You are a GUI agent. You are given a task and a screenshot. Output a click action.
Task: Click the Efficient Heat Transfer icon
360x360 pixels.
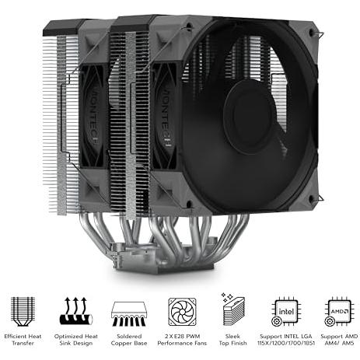[23, 311]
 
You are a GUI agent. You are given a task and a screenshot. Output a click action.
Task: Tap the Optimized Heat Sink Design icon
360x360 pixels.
[76, 311]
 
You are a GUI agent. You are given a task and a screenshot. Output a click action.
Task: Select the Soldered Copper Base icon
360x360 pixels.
[129, 313]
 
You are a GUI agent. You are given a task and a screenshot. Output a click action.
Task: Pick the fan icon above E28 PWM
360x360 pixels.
[182, 312]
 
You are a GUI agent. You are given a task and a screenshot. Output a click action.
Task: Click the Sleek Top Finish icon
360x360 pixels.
[233, 309]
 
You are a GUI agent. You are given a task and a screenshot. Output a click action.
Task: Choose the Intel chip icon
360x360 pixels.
[286, 311]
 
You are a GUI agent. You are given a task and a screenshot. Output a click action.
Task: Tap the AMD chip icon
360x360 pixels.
[339, 312]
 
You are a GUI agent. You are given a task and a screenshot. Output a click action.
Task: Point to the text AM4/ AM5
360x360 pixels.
[339, 343]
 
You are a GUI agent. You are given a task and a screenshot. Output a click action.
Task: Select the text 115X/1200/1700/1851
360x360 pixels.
[286, 343]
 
